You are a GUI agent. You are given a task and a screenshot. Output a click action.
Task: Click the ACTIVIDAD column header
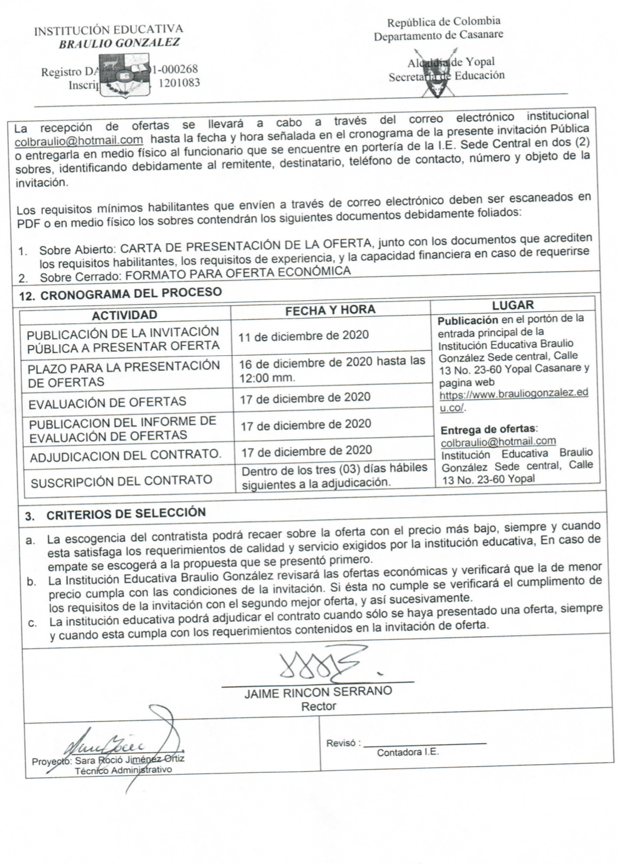tap(125, 315)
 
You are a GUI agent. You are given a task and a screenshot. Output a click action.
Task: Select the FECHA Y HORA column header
tap(330, 310)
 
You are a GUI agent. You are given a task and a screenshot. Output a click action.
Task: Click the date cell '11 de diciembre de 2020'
tap(304, 335)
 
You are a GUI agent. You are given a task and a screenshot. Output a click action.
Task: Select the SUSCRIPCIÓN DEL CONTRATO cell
tap(121, 481)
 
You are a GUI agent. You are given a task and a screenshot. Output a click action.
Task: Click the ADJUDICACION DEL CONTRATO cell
tap(126, 456)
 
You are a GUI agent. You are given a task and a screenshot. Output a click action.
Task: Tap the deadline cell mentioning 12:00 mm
tap(332, 369)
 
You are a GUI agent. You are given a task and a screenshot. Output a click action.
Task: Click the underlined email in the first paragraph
tap(79, 141)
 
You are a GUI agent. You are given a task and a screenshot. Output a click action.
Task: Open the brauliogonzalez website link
tap(513, 400)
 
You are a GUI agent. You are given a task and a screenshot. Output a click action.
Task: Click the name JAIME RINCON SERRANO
tap(318, 692)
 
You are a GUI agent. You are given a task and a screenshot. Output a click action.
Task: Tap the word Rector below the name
tap(318, 706)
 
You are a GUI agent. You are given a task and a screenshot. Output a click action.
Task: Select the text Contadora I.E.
tap(408, 753)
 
